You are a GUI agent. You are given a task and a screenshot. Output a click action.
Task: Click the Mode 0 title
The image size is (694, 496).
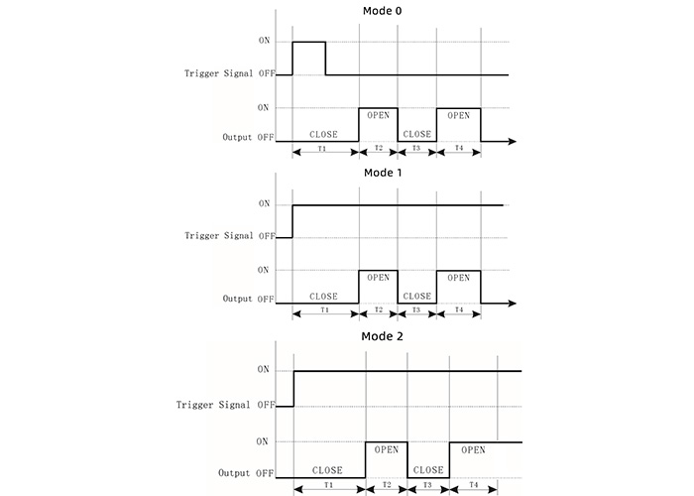point(383,11)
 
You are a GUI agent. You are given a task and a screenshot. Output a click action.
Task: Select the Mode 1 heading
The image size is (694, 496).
point(383,173)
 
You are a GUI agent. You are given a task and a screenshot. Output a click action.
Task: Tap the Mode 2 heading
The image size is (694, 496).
point(383,336)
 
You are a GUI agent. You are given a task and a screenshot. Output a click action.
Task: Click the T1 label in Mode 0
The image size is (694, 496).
point(322,149)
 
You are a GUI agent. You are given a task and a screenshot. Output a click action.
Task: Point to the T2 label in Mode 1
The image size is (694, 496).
point(379,310)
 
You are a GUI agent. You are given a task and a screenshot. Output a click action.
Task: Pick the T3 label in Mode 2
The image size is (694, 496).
point(427,485)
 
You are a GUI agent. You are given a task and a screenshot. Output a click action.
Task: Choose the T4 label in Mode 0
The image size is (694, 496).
point(459,148)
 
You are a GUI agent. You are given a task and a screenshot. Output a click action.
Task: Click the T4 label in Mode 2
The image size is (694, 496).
point(474,485)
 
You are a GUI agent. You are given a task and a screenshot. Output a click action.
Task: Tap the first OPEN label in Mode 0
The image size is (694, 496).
point(379,115)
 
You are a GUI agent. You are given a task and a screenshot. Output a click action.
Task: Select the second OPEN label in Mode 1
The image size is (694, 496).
point(458,278)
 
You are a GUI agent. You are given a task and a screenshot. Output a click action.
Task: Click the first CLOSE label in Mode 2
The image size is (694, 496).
point(327,470)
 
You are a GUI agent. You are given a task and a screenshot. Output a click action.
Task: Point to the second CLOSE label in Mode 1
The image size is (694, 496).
point(417,296)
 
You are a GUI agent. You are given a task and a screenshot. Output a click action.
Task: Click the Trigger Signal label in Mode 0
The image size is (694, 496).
point(219,73)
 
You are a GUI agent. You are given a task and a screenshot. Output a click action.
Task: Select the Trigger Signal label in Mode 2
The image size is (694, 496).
point(213,405)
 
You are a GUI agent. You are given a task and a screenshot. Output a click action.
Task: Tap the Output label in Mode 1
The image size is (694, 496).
point(237,299)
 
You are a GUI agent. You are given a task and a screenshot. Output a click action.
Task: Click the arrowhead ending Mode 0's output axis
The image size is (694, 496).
point(513,141)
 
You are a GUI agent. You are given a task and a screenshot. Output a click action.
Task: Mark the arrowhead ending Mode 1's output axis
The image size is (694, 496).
point(513,304)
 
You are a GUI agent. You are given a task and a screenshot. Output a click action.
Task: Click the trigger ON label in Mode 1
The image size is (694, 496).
point(265,203)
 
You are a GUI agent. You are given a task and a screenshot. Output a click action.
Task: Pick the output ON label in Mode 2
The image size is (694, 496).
point(262,441)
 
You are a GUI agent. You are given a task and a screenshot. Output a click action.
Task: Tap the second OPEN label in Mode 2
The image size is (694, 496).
point(473,450)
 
